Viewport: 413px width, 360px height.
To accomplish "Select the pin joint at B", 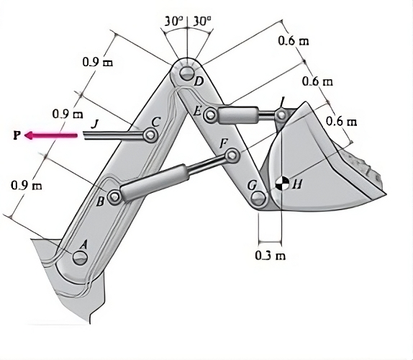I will pyautogui.click(x=114, y=195).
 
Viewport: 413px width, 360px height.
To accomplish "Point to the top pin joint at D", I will pyautogui.click(x=186, y=73).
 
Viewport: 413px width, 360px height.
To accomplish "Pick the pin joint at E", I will pyautogui.click(x=210, y=114).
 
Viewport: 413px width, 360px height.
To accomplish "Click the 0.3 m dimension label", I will pyautogui.click(x=269, y=256).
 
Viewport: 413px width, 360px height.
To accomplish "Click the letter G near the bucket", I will pyautogui.click(x=251, y=185).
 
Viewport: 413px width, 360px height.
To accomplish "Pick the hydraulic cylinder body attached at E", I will pyautogui.click(x=237, y=114).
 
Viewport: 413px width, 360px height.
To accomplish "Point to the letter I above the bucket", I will pyautogui.click(x=282, y=100).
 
